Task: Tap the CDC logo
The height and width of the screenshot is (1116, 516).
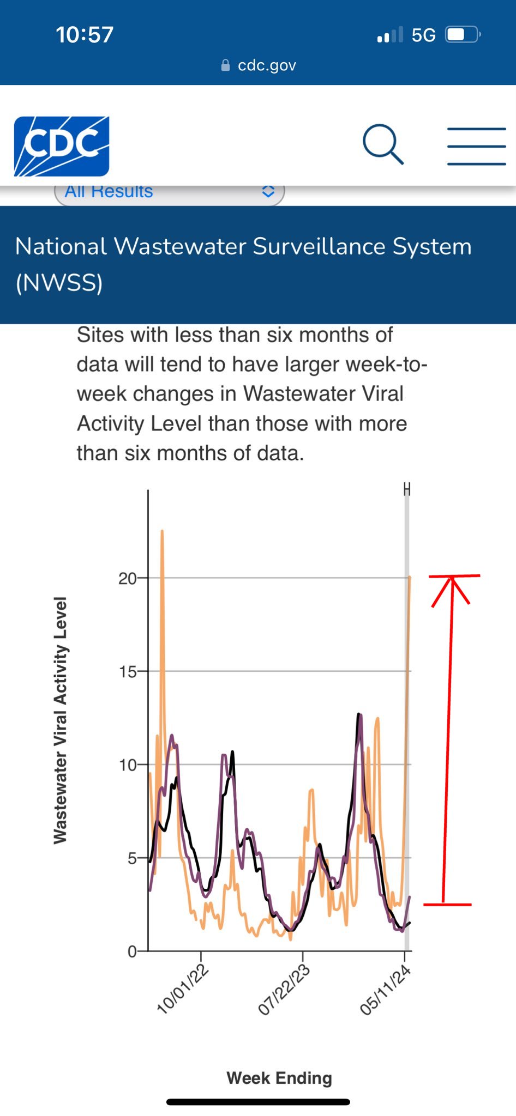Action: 62,146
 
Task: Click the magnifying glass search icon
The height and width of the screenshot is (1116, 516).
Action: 383,144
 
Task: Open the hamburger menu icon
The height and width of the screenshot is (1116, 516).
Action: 476,146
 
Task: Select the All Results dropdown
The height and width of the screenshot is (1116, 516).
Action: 169,192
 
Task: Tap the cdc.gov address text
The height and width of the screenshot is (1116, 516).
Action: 267,66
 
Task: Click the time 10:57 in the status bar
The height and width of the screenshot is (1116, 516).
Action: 85,35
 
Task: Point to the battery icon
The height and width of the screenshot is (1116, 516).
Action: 463,35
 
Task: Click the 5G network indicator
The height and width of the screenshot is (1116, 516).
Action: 423,35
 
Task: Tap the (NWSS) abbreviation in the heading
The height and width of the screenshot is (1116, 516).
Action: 59,283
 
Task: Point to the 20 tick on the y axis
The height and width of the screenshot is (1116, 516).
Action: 128,578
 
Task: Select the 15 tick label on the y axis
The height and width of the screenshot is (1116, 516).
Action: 128,672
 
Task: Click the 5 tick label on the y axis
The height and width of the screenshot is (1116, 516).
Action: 131,858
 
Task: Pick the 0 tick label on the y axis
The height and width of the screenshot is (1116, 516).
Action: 132,951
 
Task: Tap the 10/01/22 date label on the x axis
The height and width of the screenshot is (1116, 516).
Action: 182,989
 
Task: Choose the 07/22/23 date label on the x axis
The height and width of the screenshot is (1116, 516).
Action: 284,990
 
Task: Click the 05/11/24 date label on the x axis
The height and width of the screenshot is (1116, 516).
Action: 385,990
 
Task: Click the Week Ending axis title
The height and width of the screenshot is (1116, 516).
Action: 279,1077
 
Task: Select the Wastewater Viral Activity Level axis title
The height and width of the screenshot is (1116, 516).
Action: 60,720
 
